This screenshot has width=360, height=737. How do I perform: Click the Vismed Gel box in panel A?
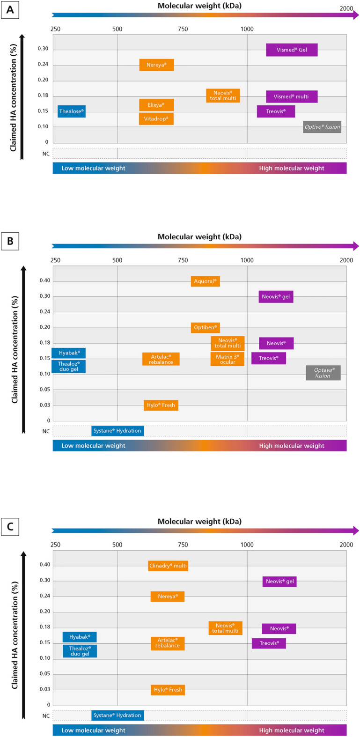coord(292,50)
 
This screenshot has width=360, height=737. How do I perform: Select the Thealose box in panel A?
coord(72,111)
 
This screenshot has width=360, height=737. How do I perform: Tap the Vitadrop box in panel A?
coord(156,119)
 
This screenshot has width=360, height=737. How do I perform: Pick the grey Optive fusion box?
coord(322,127)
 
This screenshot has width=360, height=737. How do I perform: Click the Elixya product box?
coord(156,105)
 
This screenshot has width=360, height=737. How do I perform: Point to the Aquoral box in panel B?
coord(205,281)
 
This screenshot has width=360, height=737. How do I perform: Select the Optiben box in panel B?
coord(205,328)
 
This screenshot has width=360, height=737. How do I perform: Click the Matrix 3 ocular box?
coord(228,359)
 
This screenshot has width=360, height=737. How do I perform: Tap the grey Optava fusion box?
coord(323,373)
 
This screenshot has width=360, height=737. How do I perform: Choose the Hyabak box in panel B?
coord(69,353)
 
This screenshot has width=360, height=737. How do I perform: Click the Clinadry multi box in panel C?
coord(168,566)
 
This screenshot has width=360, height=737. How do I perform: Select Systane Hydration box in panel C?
coord(117,715)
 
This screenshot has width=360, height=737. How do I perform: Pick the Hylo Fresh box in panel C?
coord(168,690)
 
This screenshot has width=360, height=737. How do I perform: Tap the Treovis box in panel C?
coord(269,643)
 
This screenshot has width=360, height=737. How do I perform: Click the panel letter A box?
coord(10,10)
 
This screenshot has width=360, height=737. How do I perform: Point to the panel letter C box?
coord(10,527)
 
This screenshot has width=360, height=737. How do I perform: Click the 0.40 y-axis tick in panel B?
coord(45,281)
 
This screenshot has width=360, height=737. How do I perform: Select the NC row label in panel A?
coord(46,154)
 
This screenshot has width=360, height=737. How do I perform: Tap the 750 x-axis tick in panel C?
coord(183,545)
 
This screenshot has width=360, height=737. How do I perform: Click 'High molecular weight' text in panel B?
coord(291,446)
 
